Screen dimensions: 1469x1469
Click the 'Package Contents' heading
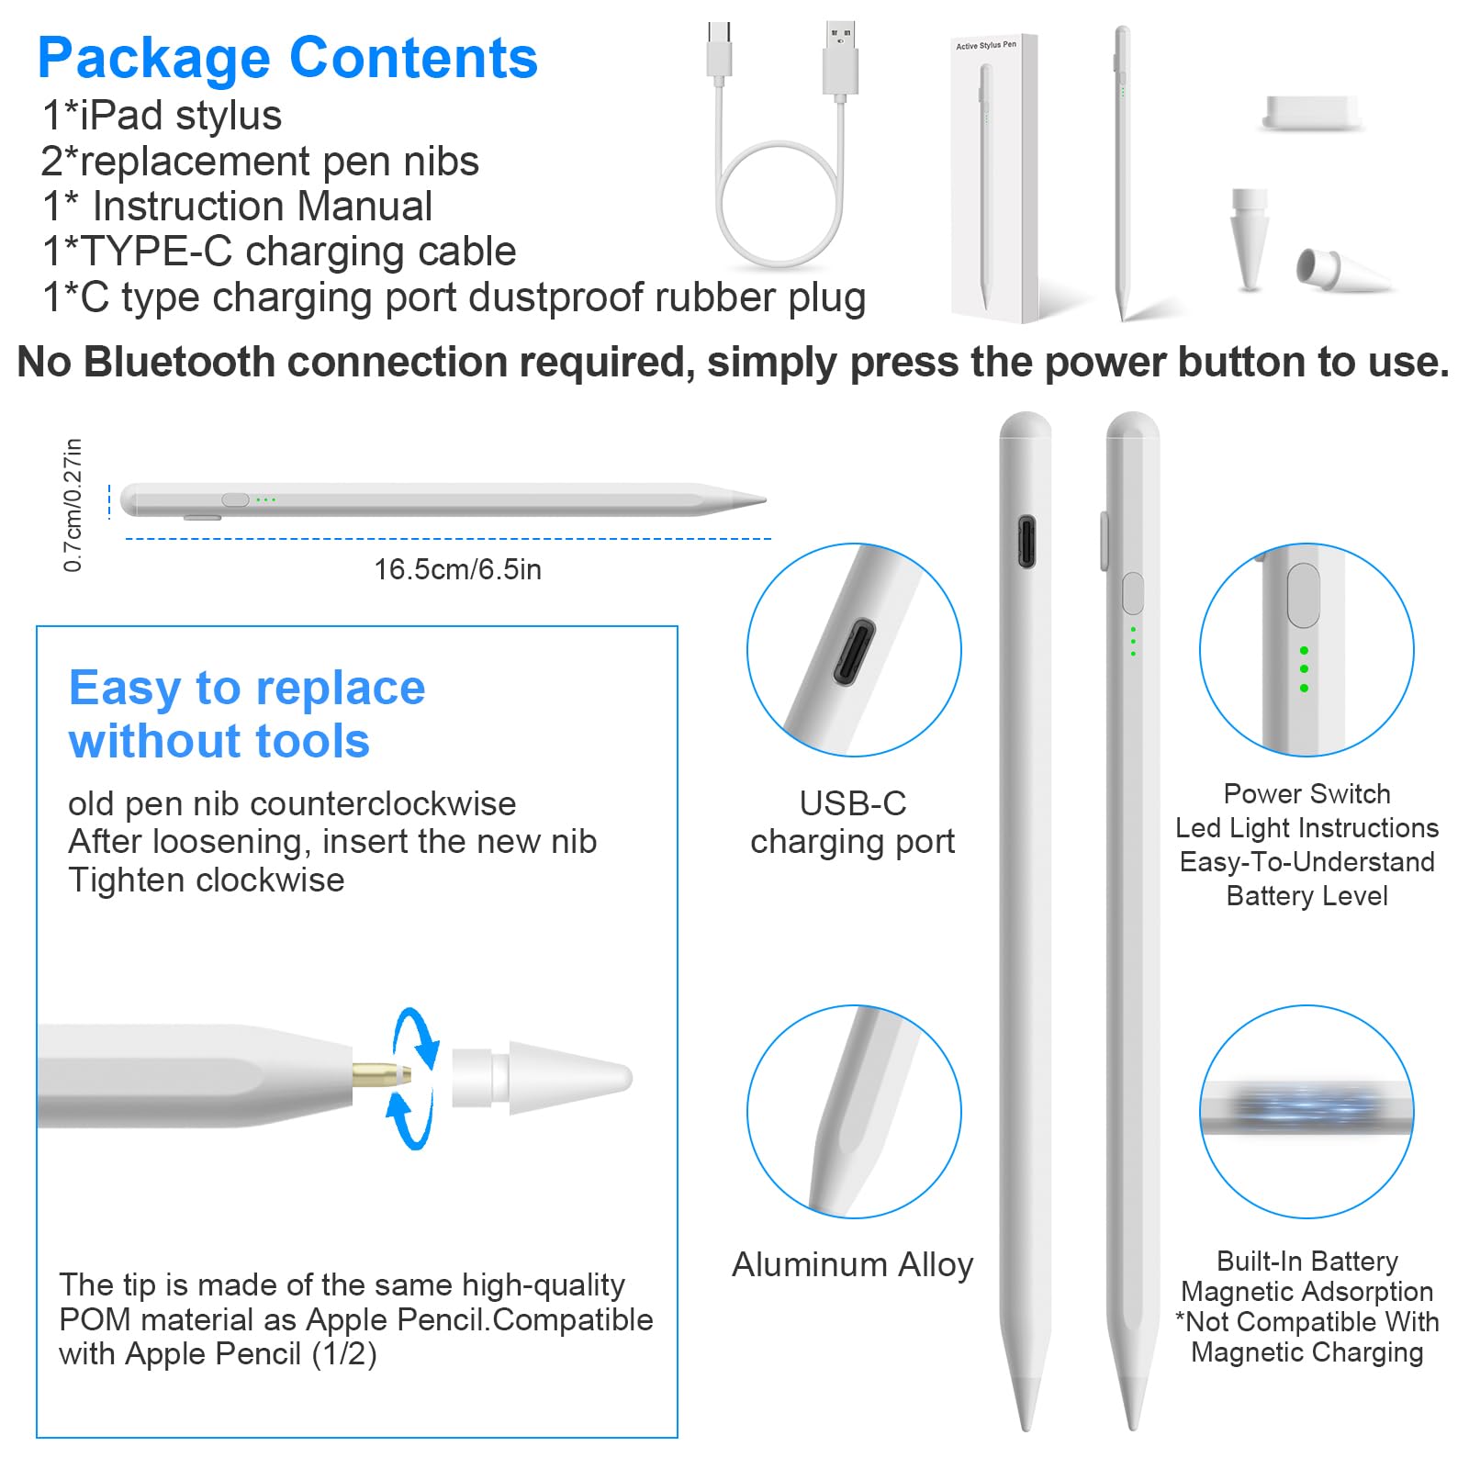click(x=287, y=59)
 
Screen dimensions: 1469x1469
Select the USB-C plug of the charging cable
click(x=719, y=53)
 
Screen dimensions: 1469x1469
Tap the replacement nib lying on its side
click(x=1342, y=270)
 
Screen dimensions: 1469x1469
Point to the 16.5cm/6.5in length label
click(x=457, y=569)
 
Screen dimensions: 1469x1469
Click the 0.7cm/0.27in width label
click(x=73, y=505)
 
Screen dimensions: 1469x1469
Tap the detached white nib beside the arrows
click(x=542, y=1078)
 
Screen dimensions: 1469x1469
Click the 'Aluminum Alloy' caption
click(x=852, y=1264)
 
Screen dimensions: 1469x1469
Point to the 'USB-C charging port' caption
click(x=852, y=823)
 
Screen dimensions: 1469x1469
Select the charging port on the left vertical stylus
click(x=1026, y=542)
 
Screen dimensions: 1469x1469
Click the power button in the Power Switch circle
click(x=1303, y=596)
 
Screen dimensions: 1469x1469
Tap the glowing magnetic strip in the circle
click(x=1306, y=1106)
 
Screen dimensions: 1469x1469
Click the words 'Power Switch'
click(x=1306, y=793)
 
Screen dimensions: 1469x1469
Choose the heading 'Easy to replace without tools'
click(x=246, y=714)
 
